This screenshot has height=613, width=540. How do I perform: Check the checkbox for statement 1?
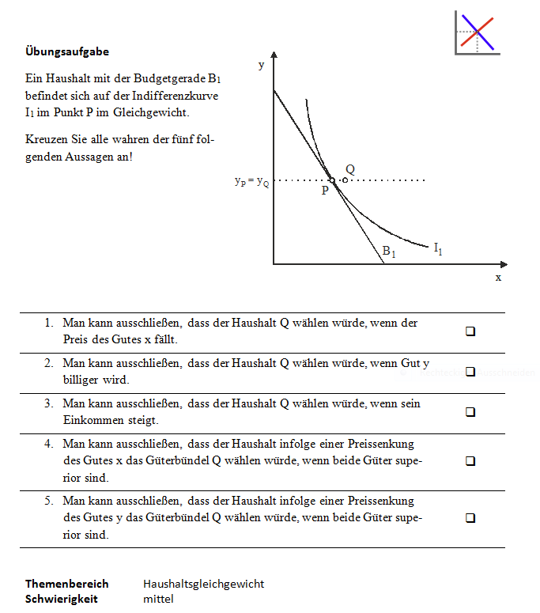470,332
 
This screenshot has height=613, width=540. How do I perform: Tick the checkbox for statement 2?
470,372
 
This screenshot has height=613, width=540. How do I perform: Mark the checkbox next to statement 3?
470,412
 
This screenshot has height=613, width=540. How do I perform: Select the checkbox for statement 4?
470,460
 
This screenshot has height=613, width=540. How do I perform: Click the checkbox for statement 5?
470,518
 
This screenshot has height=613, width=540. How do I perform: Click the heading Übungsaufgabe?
67,52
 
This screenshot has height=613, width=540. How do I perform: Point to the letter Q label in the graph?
349,169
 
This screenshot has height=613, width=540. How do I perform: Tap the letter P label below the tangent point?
325,191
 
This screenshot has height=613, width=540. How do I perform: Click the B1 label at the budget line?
389,251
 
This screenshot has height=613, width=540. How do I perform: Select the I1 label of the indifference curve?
438,248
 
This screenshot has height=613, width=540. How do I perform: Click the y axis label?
261,66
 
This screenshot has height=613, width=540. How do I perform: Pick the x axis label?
498,278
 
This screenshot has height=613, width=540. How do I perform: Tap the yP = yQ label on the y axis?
251,180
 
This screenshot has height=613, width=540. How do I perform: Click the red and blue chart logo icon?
477,33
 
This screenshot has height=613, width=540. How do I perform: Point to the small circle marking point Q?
345,180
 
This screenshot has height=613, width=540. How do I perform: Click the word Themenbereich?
66,584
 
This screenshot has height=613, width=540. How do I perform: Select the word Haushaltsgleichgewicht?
203,584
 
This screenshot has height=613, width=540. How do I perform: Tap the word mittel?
158,599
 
